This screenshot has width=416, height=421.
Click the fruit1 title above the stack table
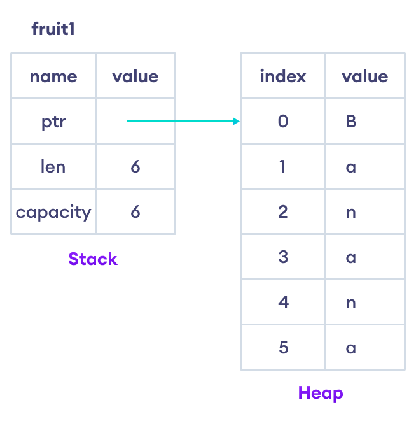pos(53,29)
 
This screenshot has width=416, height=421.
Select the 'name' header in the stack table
pos(53,76)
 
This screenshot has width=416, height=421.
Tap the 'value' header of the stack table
pos(135,76)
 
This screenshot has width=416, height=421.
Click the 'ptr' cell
pos(53,121)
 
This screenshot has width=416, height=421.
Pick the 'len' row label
pos(53,166)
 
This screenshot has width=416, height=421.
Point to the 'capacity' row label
pos(53,211)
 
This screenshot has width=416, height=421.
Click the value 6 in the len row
pos(135,166)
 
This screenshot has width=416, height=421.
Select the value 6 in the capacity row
pos(135,211)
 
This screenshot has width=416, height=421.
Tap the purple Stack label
pos(93,259)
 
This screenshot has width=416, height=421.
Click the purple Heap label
pos(321,392)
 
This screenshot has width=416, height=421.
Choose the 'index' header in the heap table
pos(283,76)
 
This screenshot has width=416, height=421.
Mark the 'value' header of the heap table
pos(364,76)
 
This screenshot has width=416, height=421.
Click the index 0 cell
pos(283,121)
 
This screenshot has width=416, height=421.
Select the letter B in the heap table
pos(351,121)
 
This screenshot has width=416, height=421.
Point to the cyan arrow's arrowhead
pos(237,121)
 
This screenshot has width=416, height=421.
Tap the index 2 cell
pos(283,211)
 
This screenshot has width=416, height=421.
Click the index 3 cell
pos(283,257)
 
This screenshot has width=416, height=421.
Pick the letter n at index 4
pos(351,302)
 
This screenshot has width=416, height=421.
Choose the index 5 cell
pos(283,347)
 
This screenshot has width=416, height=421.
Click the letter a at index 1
pos(351,166)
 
